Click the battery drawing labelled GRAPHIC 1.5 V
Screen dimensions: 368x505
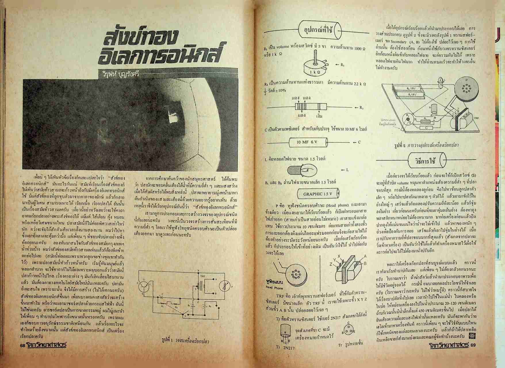pyautogui.click(x=317, y=194)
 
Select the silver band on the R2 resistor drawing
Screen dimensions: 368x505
pyautogui.click(x=319, y=107)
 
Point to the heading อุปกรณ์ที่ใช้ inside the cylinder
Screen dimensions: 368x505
pyautogui.click(x=319, y=29)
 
